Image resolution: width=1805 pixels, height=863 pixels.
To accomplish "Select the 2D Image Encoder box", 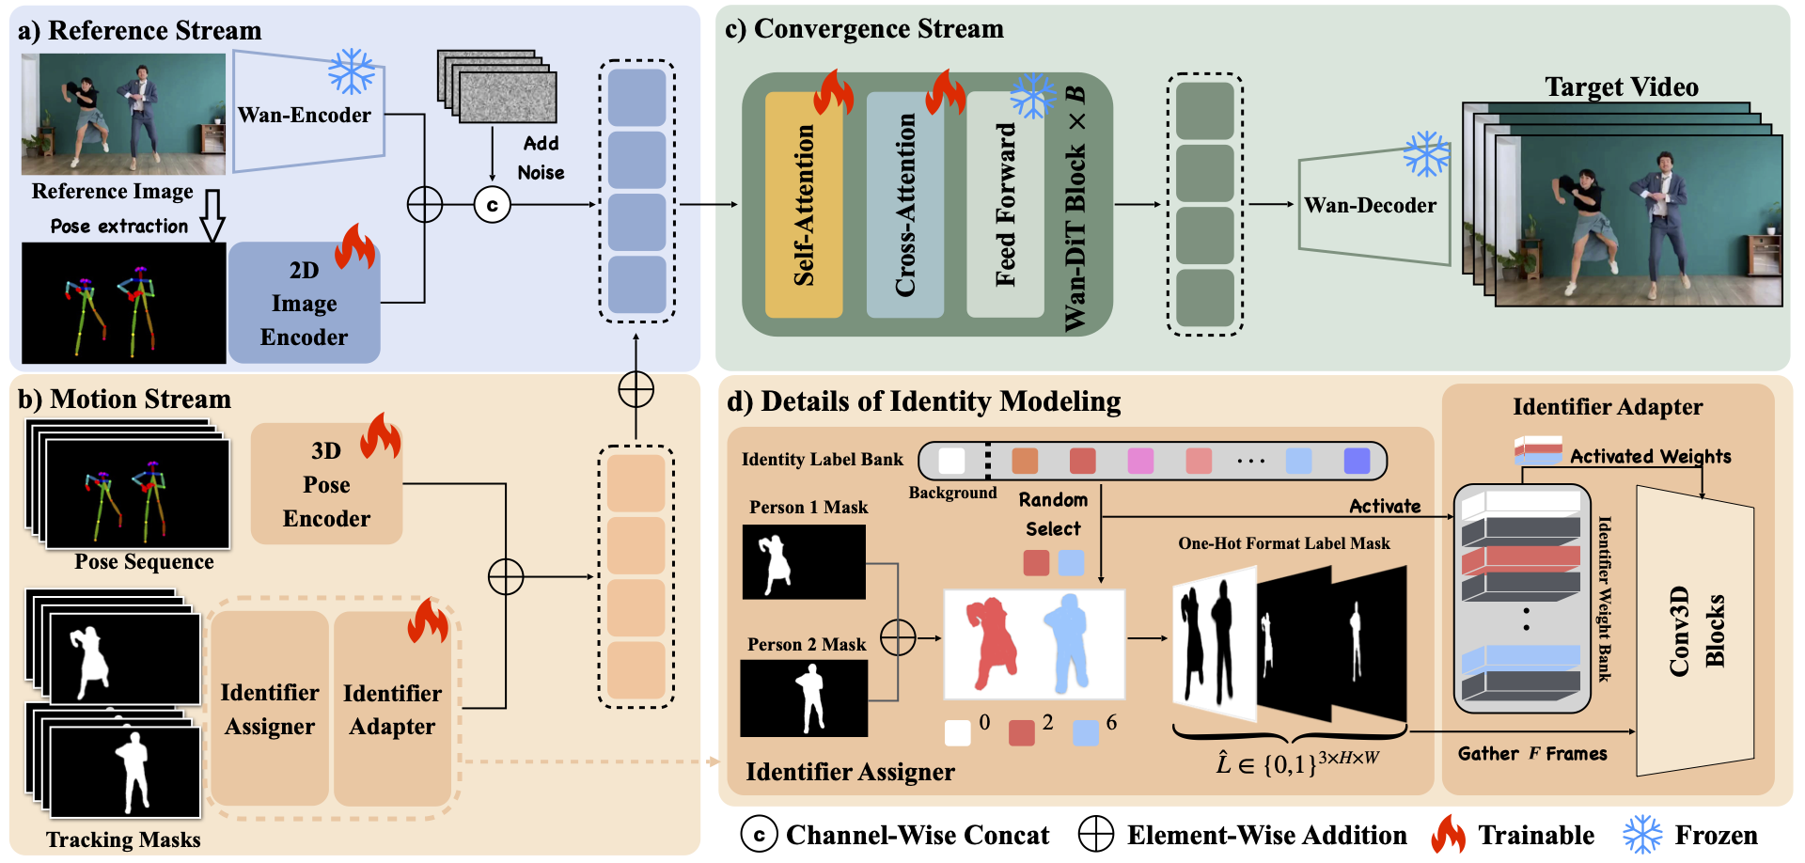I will point(304,304).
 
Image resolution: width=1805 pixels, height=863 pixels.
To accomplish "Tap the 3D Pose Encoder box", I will point(326,484).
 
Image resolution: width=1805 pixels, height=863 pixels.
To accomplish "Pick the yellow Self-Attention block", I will point(804,205).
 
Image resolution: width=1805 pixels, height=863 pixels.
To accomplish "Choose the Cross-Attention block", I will point(904,205).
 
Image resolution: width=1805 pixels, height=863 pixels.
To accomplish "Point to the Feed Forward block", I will point(1005,205).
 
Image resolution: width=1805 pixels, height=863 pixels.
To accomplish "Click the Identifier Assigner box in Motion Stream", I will point(270,709).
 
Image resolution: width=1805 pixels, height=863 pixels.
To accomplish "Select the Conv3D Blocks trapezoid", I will point(1695,631).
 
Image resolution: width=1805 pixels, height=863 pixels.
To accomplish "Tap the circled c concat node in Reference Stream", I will point(492,205).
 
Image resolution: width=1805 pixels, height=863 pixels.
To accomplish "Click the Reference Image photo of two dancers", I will point(123,114).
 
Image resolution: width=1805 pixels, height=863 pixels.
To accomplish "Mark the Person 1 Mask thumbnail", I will point(804,561).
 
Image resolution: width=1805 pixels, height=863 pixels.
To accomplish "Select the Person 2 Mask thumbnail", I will point(804,698).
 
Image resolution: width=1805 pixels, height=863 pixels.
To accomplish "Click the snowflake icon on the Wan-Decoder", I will point(1426,154).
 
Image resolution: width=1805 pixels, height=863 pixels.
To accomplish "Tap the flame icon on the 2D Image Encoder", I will point(354,247).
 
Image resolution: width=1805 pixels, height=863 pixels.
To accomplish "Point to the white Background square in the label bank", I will point(951,461).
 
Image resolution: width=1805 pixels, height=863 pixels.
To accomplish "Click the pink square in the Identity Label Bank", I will point(1140,461).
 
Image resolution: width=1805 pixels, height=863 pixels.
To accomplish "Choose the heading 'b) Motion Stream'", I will point(124,400).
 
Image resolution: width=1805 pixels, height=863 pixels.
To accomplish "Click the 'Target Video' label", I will point(1622,87).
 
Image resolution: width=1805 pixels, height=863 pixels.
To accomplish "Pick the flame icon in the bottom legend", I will point(1448,835).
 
